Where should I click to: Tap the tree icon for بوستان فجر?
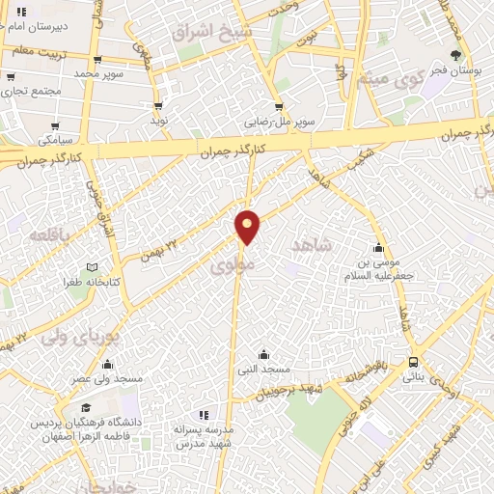455,56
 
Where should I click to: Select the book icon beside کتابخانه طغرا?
93,267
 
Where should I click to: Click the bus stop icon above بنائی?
413,362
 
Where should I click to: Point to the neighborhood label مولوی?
233,261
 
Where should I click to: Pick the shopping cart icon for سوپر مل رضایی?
279,107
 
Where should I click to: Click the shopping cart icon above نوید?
157,106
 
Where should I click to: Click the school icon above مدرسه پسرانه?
203,413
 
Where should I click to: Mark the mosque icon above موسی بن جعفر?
378,247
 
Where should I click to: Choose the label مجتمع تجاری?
31,91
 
